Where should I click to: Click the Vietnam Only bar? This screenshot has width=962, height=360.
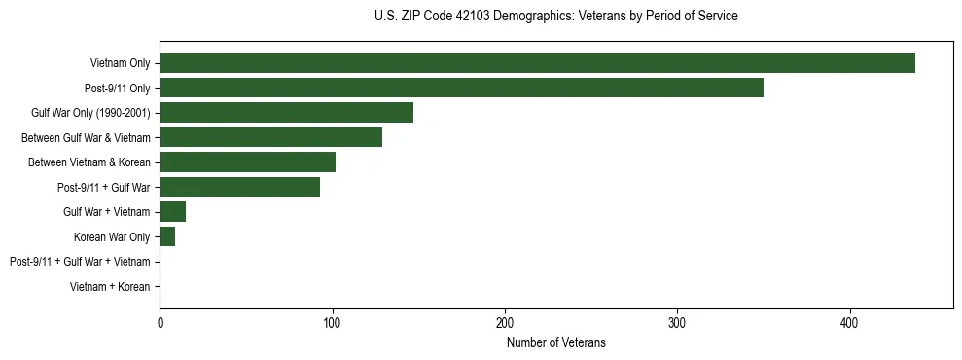[537, 63]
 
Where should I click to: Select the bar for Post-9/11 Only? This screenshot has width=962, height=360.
[461, 88]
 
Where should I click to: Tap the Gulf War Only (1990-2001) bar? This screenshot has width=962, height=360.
[286, 113]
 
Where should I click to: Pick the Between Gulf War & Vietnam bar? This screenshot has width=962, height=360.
[270, 137]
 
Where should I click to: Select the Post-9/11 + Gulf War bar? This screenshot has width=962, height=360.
[239, 187]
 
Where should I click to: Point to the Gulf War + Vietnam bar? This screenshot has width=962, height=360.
[172, 212]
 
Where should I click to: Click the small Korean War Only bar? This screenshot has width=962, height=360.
[167, 236]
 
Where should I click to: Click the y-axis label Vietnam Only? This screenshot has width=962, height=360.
[120, 63]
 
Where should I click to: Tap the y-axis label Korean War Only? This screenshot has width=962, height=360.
[111, 236]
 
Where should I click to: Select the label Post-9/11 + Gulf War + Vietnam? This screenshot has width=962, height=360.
[80, 262]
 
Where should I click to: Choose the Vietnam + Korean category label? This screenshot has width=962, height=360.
[110, 287]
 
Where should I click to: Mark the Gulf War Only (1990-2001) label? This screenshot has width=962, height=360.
[90, 113]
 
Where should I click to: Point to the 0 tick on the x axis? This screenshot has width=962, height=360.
[160, 323]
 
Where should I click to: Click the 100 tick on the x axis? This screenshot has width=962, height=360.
[333, 323]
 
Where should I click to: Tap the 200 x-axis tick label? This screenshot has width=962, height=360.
[505, 323]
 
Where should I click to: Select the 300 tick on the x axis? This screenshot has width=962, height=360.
[678, 323]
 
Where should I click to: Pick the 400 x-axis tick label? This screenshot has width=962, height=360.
[850, 323]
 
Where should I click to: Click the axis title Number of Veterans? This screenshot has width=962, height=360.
[555, 342]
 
